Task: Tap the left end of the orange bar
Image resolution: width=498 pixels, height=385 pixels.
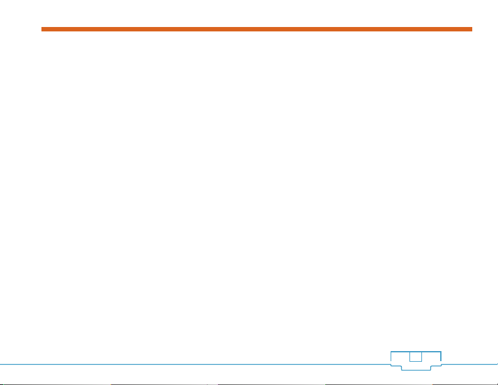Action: pos(43,29)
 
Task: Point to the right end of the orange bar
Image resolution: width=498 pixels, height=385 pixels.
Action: pos(470,29)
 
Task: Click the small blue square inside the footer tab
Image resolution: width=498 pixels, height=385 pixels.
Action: pos(415,357)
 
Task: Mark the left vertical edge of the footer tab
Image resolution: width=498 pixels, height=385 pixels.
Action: pos(390,357)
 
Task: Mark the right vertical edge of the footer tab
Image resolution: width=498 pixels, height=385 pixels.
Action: pos(440,357)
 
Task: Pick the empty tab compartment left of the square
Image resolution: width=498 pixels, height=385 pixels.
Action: pos(399,357)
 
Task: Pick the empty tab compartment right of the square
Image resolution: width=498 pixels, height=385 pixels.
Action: pos(431,357)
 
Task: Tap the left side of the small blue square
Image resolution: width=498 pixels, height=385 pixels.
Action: pos(409,357)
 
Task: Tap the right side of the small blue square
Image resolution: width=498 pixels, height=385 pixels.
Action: pos(421,357)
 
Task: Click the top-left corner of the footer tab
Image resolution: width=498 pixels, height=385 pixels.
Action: pos(390,351)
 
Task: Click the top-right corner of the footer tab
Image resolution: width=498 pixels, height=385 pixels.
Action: pos(440,351)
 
